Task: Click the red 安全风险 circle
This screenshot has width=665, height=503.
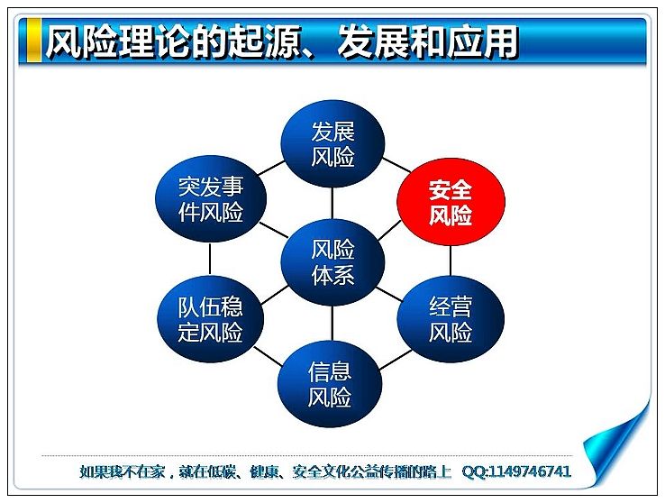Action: (451, 202)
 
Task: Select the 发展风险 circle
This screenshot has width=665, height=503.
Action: (332, 143)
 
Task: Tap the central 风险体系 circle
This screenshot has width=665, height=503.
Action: (332, 262)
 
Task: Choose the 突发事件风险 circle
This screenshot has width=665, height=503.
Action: (211, 198)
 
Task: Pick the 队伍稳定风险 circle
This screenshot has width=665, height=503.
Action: (211, 318)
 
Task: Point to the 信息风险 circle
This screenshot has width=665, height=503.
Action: (330, 384)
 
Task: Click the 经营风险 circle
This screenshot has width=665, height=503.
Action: (451, 318)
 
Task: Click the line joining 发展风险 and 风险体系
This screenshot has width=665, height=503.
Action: (332, 203)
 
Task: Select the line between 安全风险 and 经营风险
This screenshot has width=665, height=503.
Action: (451, 261)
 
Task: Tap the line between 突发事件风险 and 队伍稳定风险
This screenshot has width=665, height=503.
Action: (210, 259)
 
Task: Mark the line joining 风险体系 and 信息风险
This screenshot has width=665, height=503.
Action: (332, 324)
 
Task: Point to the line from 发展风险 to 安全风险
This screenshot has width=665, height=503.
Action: (397, 165)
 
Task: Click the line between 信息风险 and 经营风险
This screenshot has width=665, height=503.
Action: (396, 360)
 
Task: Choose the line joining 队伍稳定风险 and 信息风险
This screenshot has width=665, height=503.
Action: (268, 356)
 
